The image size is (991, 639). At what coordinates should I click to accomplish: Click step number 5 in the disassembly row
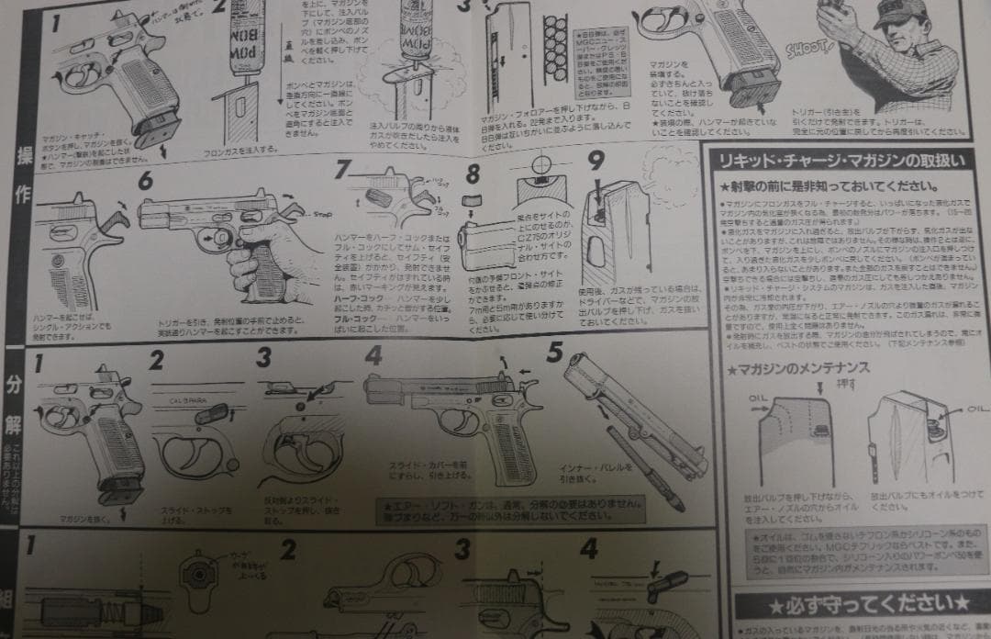click(553, 351)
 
